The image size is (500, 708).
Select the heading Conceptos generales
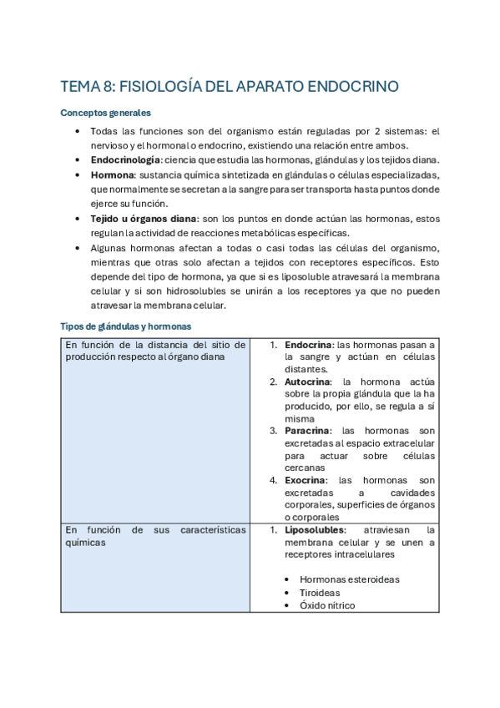click(106, 113)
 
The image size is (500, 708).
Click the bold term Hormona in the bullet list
click(112, 174)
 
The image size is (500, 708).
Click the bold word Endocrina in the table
click(309, 345)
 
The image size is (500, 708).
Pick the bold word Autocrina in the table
click(309, 382)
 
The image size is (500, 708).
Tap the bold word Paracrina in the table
click(309, 431)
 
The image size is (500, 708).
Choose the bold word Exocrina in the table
click(306, 480)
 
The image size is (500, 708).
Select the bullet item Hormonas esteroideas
click(349, 579)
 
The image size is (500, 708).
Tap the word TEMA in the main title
click(80, 86)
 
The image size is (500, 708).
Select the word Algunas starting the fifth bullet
click(109, 248)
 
